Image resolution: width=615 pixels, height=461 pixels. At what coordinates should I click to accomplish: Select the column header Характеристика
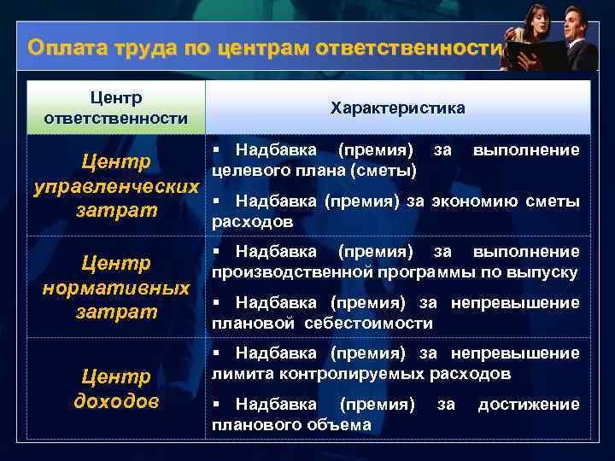coord(397,108)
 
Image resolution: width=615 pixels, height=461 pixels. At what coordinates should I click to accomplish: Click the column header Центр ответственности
coord(115,108)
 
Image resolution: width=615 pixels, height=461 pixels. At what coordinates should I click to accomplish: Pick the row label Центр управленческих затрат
coord(115,185)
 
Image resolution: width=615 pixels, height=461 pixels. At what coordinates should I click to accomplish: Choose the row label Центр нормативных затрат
coord(115,288)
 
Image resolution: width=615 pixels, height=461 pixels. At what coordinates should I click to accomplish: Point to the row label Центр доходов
coord(115,388)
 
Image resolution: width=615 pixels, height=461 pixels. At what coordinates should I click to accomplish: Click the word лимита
coord(237,374)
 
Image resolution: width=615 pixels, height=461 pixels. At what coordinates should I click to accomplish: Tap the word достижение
coord(528,404)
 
